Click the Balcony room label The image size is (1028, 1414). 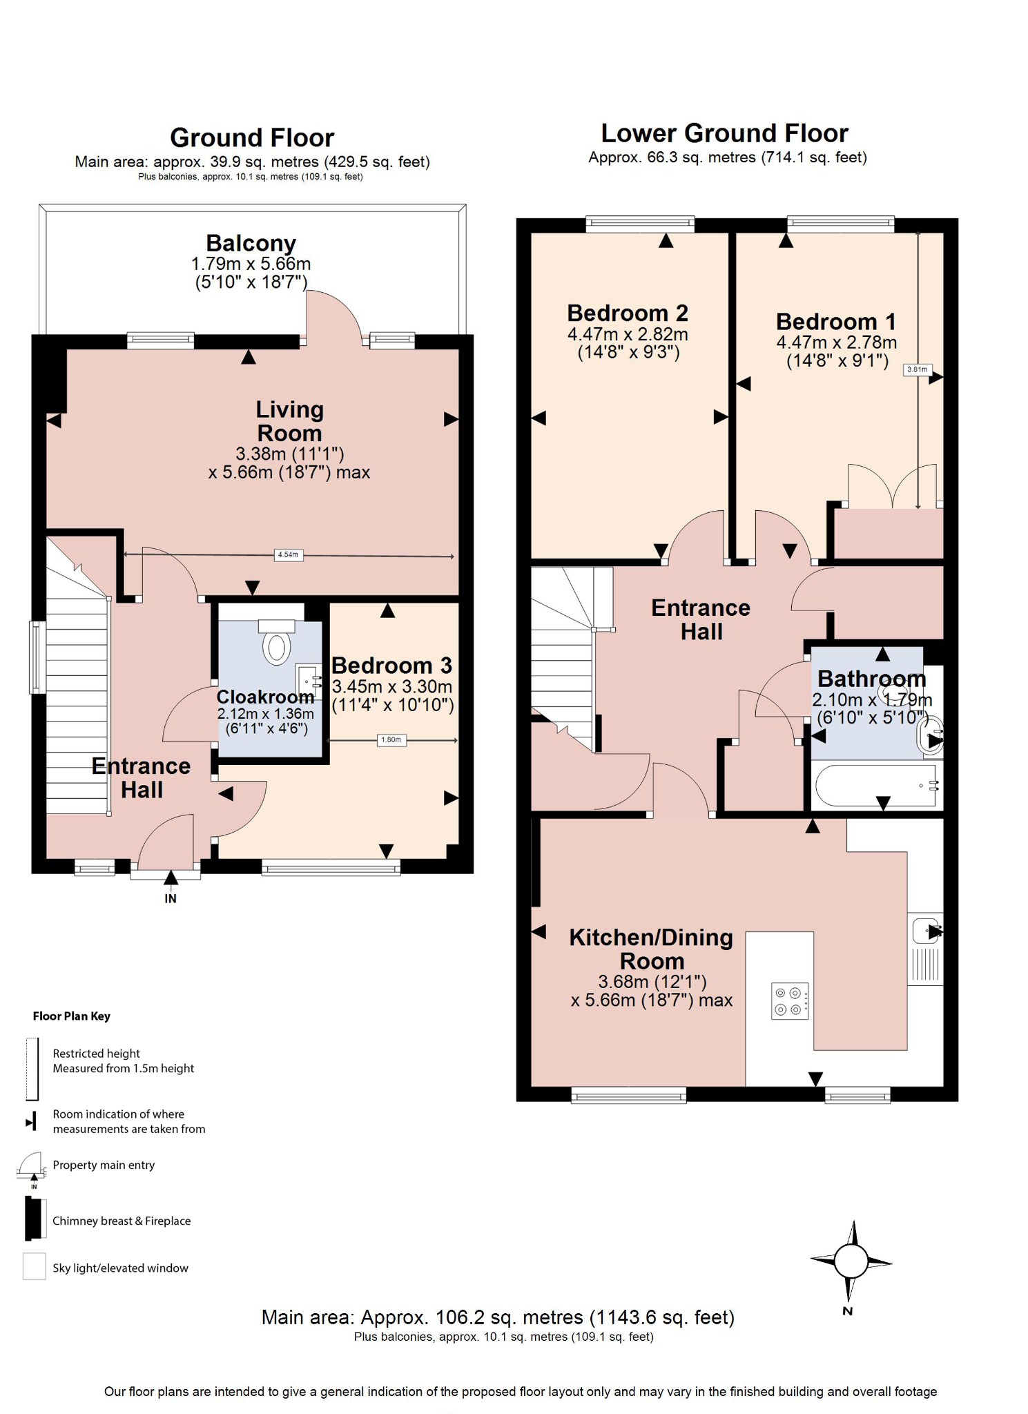coord(251,243)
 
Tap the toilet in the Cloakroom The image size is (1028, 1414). coord(277,646)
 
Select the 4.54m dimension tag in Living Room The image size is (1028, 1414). coord(288,554)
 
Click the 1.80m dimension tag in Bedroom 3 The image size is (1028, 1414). coord(391,739)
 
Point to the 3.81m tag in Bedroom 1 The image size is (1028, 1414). coord(917,369)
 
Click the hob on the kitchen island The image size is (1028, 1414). coord(789,1000)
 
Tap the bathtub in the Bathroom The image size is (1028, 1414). coord(876,786)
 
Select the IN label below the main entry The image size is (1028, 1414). coord(171,898)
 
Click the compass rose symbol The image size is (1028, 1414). coord(851,1261)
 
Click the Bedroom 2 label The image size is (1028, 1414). coord(627,313)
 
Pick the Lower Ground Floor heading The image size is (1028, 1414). coord(724,133)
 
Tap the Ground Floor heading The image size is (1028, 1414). coord(252,137)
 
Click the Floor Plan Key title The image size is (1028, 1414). coord(71,1016)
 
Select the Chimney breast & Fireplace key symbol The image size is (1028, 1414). coord(32,1220)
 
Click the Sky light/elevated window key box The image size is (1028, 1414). coord(34,1267)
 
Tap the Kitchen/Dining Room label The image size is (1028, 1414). coord(651,949)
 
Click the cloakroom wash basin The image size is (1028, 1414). coord(307,680)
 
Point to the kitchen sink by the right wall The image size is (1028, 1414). coord(925,929)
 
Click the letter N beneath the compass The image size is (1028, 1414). coord(848,1311)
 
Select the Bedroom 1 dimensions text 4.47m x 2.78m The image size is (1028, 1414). coord(836,342)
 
